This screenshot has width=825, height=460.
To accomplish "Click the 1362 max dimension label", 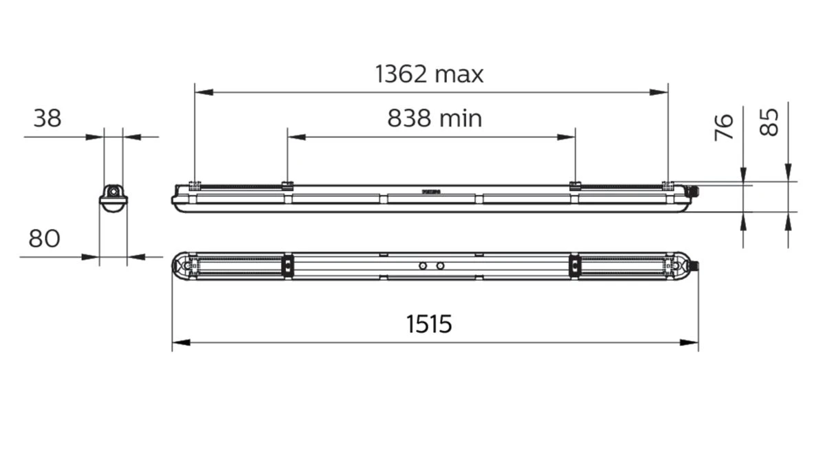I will click(x=429, y=74).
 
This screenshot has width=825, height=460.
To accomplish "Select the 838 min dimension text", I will click(x=434, y=119).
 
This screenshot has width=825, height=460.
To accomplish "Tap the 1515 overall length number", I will click(x=428, y=323).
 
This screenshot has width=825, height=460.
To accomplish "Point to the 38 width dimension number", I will click(x=47, y=119).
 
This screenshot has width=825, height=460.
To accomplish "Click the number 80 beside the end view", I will click(x=44, y=239).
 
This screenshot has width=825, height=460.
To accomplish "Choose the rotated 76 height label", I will click(x=724, y=128).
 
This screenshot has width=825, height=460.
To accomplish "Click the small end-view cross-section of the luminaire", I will click(x=113, y=197).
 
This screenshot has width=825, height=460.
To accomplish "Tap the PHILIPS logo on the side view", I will click(x=430, y=193).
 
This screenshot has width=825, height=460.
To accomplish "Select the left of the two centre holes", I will click(x=423, y=265).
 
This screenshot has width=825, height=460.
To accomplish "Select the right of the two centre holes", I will click(x=440, y=265).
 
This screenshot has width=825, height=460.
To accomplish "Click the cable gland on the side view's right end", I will click(x=695, y=193).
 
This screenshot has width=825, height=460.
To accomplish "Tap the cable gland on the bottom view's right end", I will click(x=695, y=265).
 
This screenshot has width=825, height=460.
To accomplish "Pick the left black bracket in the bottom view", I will click(x=288, y=265).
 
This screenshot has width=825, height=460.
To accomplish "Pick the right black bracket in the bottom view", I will click(x=573, y=265).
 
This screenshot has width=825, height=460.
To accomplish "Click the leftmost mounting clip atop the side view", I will click(x=195, y=185).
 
